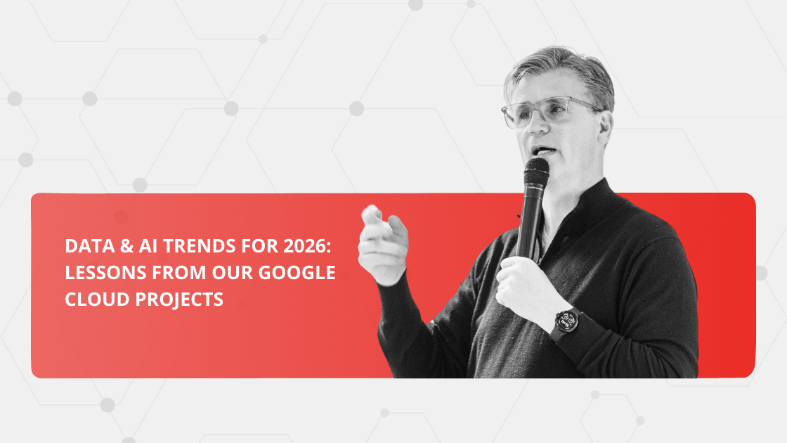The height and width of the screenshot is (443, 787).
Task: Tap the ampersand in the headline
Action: [x=117, y=247]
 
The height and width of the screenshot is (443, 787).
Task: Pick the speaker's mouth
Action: [x=542, y=150]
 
